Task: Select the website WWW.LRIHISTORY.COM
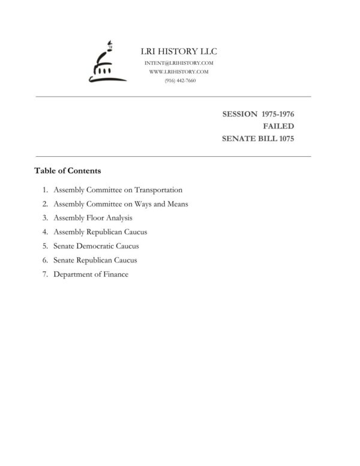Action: click(178, 71)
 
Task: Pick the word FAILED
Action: click(278, 126)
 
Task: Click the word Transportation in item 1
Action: click(158, 190)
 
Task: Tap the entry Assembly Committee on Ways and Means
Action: click(121, 204)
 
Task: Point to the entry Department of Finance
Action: click(91, 274)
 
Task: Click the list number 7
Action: click(45, 274)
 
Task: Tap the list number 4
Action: click(45, 232)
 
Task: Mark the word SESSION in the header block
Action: click(240, 113)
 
